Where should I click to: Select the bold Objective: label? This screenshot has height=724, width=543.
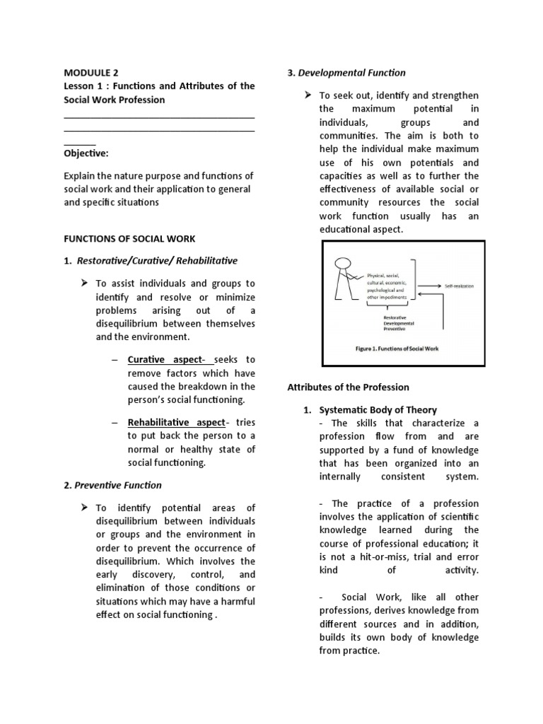[x=86, y=153]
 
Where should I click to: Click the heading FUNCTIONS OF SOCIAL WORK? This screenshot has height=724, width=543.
[x=129, y=238]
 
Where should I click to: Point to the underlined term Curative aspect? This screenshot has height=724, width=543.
[x=164, y=360]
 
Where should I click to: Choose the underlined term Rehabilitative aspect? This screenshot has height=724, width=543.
[x=175, y=422]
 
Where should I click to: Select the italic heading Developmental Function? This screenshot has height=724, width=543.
[x=351, y=72]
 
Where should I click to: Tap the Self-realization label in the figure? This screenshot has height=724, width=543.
[x=459, y=286]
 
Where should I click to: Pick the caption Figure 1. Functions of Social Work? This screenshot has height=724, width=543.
[x=403, y=349]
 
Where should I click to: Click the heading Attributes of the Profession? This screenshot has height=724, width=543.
[x=348, y=387]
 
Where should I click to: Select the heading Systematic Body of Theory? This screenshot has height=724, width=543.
[x=378, y=409]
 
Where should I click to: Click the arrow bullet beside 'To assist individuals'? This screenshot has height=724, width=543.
[x=85, y=283]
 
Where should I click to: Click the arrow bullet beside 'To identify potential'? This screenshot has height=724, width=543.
[x=85, y=508]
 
